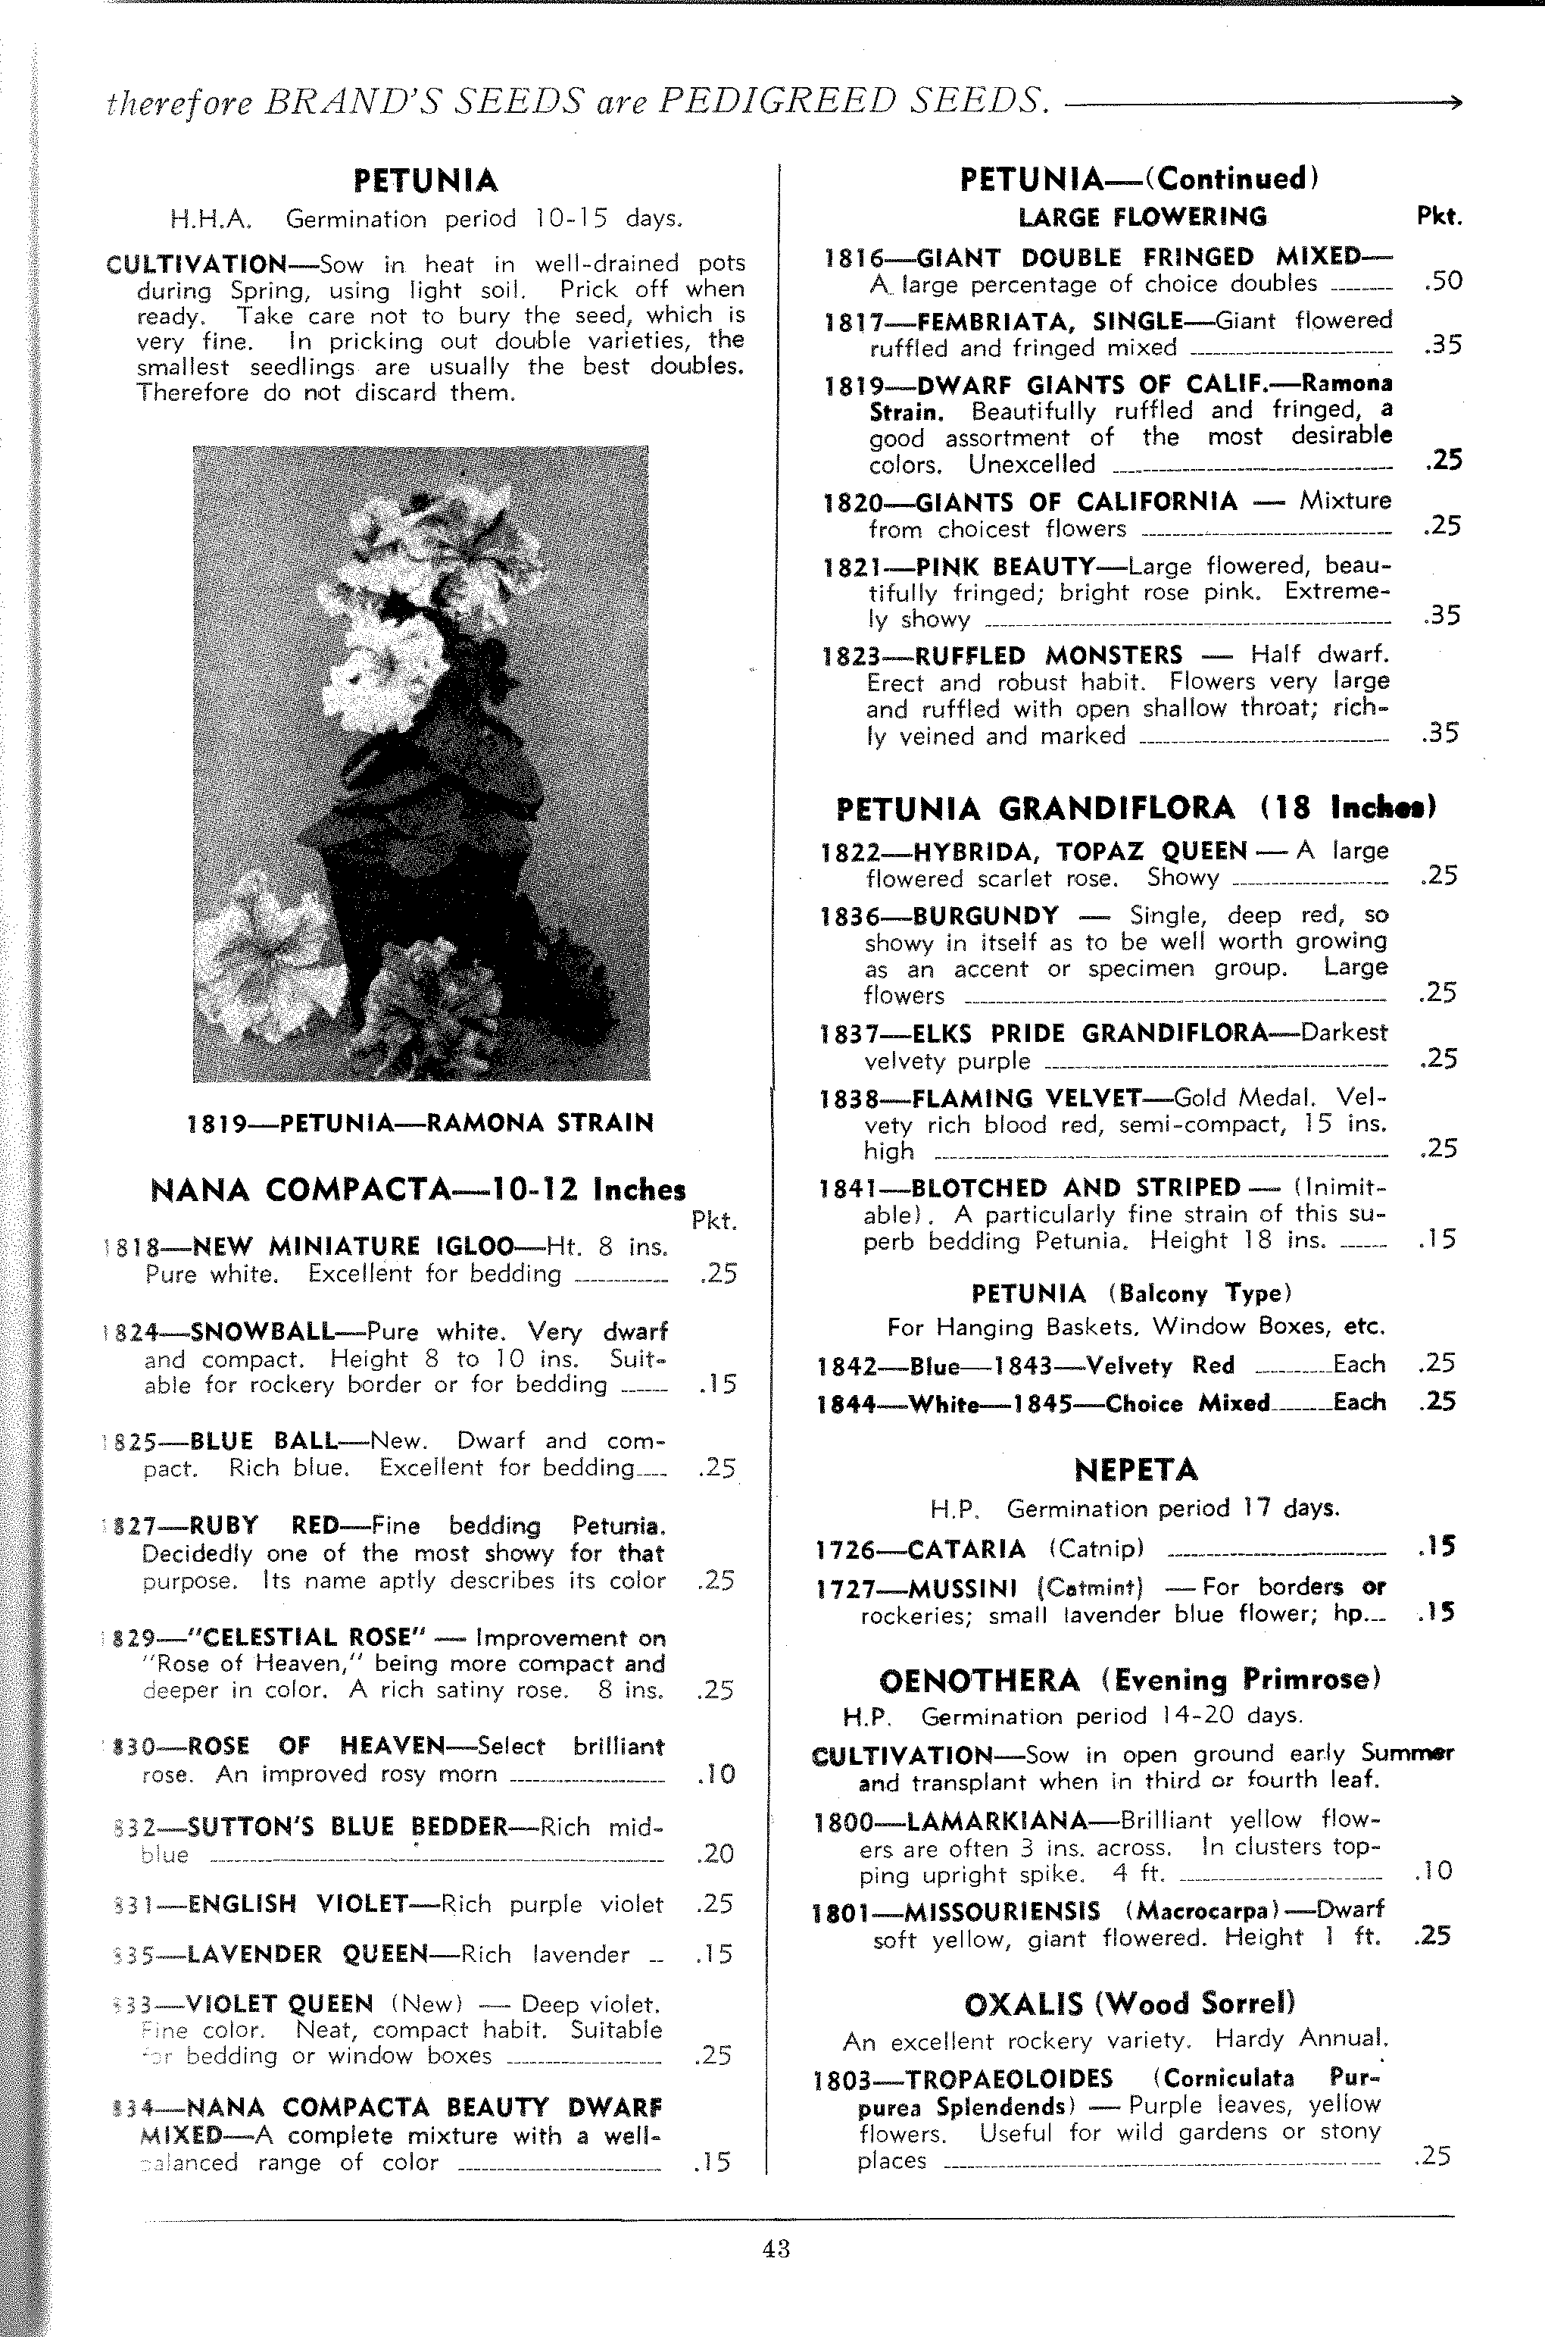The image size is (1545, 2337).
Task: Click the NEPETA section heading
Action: point(1135,1469)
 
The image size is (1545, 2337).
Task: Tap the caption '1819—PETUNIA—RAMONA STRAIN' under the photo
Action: point(421,1124)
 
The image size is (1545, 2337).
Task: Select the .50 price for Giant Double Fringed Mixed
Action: point(1443,282)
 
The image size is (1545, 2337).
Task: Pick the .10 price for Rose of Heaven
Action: point(716,1774)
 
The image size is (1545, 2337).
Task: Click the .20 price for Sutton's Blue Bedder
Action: point(716,1854)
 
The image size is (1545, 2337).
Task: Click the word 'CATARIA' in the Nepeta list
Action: point(966,1550)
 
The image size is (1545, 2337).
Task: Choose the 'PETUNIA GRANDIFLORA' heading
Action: point(1035,809)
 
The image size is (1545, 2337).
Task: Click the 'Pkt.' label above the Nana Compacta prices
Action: point(713,1222)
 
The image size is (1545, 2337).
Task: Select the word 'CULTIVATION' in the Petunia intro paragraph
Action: point(196,264)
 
